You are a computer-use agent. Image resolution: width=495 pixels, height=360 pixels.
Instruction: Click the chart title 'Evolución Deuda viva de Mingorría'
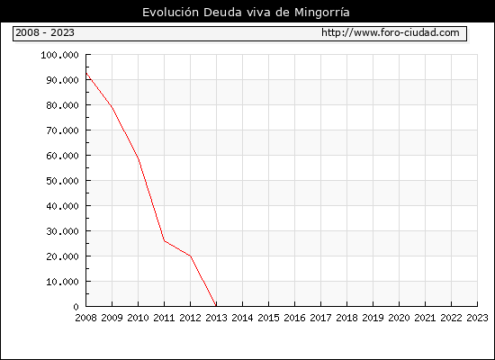click(x=246, y=13)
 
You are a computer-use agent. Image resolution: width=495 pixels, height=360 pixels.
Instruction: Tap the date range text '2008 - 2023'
click(x=45, y=32)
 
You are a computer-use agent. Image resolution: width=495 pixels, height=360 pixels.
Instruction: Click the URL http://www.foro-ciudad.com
click(x=391, y=32)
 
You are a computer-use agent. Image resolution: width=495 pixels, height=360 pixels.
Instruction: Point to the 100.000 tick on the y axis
click(x=59, y=55)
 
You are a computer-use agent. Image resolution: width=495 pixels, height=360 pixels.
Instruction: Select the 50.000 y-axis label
click(x=62, y=181)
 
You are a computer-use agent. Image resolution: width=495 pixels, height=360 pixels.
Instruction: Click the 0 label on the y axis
click(x=76, y=307)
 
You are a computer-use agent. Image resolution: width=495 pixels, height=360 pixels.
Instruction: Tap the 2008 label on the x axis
click(x=85, y=318)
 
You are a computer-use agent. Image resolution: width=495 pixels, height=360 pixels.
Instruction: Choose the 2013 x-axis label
click(x=216, y=318)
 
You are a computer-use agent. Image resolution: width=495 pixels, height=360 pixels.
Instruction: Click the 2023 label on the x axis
click(x=477, y=318)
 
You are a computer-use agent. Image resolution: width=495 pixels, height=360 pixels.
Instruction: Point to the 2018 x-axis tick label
click(x=346, y=318)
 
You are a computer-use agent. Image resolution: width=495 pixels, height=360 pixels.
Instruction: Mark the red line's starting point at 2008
click(x=86, y=73)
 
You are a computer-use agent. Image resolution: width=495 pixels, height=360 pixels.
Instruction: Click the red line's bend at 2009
click(x=112, y=108)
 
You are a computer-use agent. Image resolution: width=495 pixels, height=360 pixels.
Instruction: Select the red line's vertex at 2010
click(x=139, y=159)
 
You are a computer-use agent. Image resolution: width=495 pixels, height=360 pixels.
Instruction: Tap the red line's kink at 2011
click(x=164, y=240)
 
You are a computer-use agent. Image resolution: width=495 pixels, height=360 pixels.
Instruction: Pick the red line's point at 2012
click(x=191, y=256)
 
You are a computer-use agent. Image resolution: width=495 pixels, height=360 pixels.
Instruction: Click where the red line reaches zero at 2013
click(x=216, y=306)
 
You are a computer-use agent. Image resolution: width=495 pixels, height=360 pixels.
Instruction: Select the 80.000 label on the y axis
click(x=62, y=105)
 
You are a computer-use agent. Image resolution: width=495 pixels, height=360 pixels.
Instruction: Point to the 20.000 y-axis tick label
click(x=62, y=256)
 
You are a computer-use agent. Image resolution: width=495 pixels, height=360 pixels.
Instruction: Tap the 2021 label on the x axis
click(x=425, y=318)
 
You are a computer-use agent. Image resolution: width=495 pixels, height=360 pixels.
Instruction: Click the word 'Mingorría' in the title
click(x=322, y=13)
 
